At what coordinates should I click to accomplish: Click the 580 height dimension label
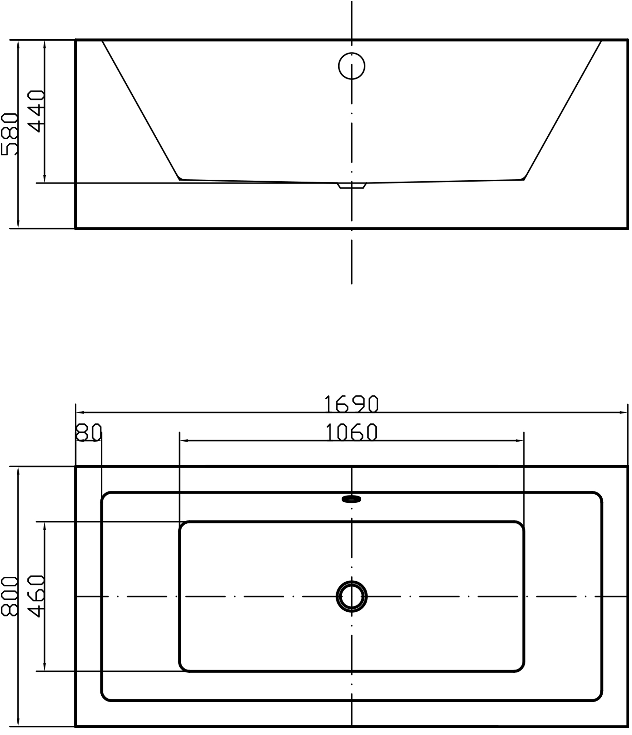[9, 134]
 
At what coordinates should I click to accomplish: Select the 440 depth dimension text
[36, 111]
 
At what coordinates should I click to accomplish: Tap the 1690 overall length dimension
[351, 404]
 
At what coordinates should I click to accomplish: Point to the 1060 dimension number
[351, 432]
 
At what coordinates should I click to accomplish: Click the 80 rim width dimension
[89, 432]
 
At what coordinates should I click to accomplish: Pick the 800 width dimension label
[10, 596]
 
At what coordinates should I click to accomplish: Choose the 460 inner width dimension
[36, 596]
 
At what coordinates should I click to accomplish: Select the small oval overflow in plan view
[351, 499]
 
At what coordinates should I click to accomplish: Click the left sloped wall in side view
[141, 110]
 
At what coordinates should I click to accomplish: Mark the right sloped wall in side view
[563, 110]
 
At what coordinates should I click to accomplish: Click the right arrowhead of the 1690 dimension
[623, 412]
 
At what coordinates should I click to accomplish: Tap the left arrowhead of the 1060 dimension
[184, 441]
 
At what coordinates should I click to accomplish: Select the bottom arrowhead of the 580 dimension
[18, 224]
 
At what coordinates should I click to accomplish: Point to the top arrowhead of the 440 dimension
[45, 45]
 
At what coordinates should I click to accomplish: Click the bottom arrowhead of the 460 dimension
[45, 667]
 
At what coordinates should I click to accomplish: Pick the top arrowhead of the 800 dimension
[18, 471]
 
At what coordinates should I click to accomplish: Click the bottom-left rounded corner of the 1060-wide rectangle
[183, 668]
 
